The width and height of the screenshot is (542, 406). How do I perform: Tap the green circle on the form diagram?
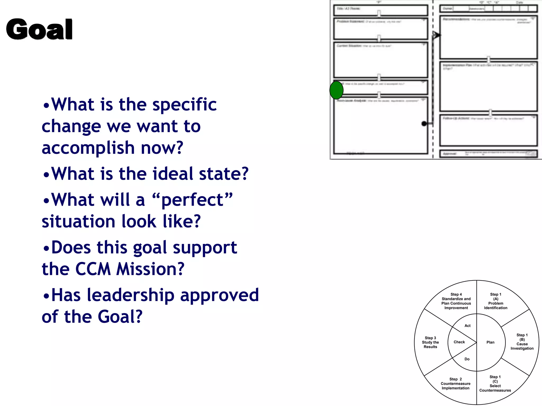coord(336,90)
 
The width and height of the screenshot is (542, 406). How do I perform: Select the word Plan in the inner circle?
coord(490,342)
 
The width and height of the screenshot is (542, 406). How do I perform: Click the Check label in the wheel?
coord(459,342)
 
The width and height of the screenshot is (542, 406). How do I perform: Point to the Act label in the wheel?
coord(467,326)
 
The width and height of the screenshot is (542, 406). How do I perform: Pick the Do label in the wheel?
coord(467,359)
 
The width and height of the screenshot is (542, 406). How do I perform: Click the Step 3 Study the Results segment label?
coord(430,342)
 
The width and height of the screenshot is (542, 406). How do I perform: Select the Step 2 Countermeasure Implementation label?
coord(455,384)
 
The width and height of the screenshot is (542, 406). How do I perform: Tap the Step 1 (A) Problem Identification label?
coord(496,301)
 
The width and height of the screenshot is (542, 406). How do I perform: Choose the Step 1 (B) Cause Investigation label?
coord(522,342)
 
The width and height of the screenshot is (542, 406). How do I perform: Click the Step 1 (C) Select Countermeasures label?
coord(495,384)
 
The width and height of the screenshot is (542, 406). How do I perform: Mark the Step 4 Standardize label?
coord(456,301)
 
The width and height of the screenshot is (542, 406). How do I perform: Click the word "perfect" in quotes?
coord(193,200)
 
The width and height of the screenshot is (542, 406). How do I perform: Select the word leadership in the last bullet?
coord(130,295)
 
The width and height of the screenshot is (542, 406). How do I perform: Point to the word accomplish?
coord(88,148)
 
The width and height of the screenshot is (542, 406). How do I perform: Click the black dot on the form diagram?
coord(424,123)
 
